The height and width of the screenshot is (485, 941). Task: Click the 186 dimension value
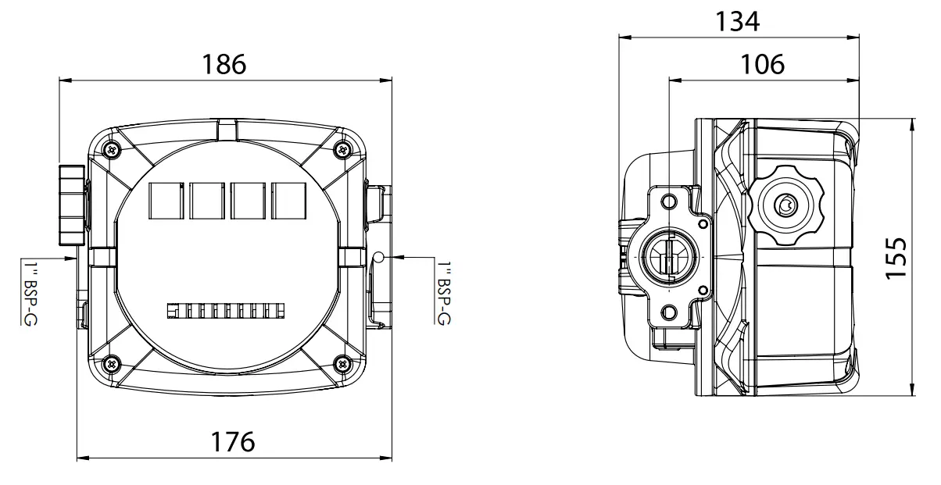coord(224,64)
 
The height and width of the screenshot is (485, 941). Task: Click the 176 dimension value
coord(233,442)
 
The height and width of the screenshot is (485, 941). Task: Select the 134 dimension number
coord(737,22)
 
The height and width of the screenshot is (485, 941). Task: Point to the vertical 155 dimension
coord(898,258)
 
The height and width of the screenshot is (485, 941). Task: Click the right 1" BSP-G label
coord(444,293)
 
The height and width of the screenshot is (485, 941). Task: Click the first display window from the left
coord(165,200)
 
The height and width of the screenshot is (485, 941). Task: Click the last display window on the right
coord(289,200)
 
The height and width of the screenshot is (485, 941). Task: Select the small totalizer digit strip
coord(226,312)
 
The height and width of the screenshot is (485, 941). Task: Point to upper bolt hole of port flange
coord(668,203)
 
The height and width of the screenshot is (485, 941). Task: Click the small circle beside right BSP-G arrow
coord(377,258)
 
